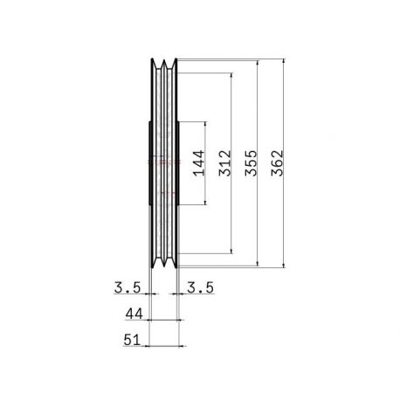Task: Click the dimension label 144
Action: tap(199, 163)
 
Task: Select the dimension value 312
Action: tap(225, 163)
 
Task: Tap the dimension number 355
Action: tap(251, 163)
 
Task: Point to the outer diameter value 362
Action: tap(277, 163)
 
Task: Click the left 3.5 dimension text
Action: tap(128, 287)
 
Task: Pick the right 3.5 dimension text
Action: tap(200, 287)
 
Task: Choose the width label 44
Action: tap(134, 314)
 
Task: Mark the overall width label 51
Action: tap(132, 340)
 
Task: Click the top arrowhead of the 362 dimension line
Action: tap(284, 61)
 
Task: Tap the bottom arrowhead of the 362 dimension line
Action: tap(284, 265)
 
